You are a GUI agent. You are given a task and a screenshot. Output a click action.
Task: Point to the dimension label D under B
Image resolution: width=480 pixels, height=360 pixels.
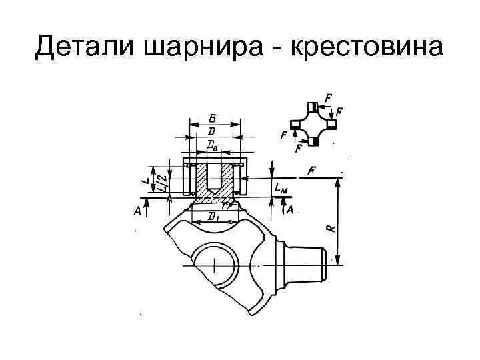point(212,130)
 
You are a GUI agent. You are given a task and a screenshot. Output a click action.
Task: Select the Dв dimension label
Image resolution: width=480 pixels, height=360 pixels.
point(212,143)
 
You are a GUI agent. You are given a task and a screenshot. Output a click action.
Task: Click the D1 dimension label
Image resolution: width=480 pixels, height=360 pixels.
point(214,215)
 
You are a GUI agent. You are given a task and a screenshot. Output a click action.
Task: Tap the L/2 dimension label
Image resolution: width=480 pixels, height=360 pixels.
point(160,181)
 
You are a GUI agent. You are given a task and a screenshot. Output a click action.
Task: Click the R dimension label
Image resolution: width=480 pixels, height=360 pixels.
point(331,227)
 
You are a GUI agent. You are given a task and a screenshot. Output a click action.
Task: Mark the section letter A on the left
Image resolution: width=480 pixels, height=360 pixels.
point(137,211)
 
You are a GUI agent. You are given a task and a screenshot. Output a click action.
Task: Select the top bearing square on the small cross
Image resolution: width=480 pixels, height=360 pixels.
point(313,107)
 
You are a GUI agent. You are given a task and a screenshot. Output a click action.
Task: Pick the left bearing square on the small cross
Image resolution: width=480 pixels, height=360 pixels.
point(294,125)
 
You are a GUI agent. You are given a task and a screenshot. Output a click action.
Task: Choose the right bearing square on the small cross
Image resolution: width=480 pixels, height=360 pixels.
point(331,124)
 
